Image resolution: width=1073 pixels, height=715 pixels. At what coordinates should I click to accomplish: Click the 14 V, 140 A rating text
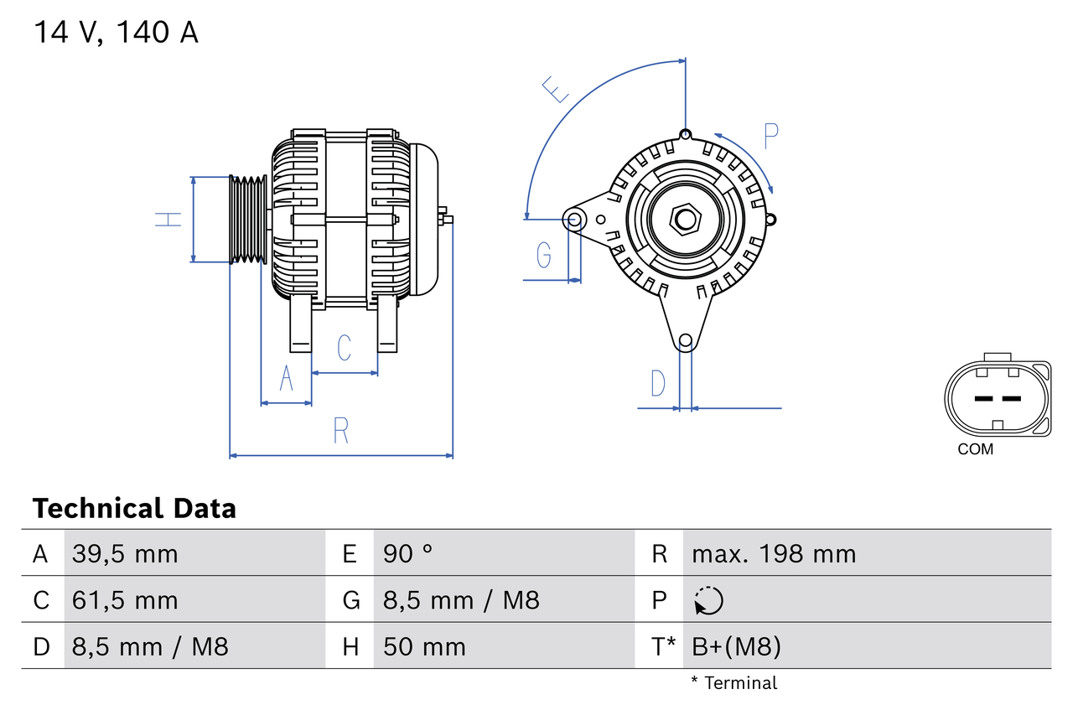coord(116,33)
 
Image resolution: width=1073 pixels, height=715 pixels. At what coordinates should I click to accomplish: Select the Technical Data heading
coord(134,508)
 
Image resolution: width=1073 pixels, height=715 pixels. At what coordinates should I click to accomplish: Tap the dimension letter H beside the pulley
coord(168,220)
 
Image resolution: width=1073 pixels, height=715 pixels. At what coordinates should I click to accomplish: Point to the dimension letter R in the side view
coord(340,430)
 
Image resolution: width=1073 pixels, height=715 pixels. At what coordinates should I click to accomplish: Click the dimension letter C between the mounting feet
coord(344,347)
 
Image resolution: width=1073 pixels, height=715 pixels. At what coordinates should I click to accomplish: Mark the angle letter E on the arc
coord(555,89)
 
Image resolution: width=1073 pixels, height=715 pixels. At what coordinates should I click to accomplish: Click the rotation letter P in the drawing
coord(770,136)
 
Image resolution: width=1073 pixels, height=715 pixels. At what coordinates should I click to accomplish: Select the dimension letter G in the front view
coord(544,254)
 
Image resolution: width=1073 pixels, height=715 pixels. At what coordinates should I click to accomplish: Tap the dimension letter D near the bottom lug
coord(658,383)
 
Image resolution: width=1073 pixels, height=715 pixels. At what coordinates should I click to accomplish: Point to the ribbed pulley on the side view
coord(248,220)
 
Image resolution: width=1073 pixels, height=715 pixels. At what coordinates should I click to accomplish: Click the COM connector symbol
coord(997,398)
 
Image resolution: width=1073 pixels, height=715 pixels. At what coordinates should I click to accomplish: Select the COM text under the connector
coord(975,449)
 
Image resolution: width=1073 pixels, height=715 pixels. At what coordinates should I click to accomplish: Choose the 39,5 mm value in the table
coord(125,553)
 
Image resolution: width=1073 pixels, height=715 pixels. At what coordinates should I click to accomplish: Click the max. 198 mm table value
coord(774,553)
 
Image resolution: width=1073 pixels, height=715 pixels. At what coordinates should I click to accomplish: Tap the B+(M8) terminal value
coord(736,646)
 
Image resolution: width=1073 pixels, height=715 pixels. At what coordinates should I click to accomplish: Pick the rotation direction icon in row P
coord(708,600)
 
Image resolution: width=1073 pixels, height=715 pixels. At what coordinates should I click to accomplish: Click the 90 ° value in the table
coord(408,553)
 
